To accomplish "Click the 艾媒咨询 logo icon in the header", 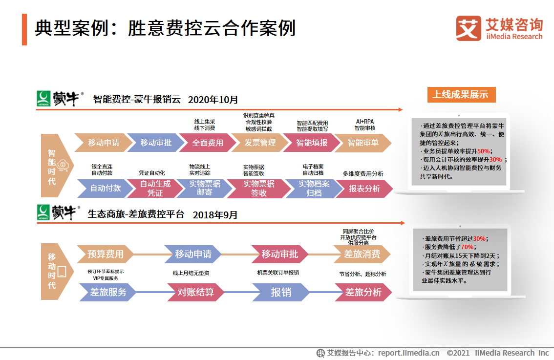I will [469, 29].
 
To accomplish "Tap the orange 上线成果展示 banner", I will [461, 94].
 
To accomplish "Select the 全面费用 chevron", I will [208, 143].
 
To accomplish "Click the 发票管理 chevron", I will [260, 143].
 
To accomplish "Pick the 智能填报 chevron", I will [312, 143].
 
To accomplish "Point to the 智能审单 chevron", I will [363, 143].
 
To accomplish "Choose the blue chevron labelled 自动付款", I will [105, 188].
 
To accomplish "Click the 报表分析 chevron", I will [364, 188].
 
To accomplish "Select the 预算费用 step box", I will [105, 254].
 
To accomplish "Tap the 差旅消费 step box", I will [362, 254].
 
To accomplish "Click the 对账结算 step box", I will [195, 292].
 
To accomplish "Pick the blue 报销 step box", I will [281, 292].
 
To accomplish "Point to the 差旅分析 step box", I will [363, 292].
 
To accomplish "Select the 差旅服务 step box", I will [108, 292].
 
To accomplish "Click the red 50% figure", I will [483, 151].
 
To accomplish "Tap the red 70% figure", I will [467, 247].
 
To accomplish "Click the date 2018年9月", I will [215, 214].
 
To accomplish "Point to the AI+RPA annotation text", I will [364, 121].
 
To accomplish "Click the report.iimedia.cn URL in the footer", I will [408, 353].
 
